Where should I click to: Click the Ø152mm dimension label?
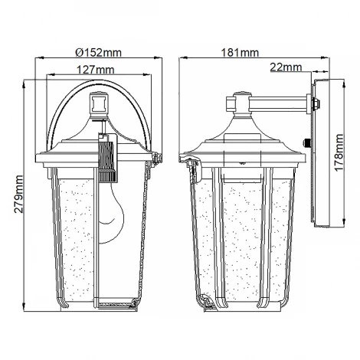tap(99, 53)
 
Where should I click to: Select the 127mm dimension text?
tap(96, 70)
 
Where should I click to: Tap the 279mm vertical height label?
tap(18, 194)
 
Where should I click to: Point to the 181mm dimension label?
tap(240, 53)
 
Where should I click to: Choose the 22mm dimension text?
tap(286, 67)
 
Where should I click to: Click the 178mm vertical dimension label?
tap(339, 152)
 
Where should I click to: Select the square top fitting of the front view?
tap(98, 105)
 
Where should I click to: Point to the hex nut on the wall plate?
tap(316, 103)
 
